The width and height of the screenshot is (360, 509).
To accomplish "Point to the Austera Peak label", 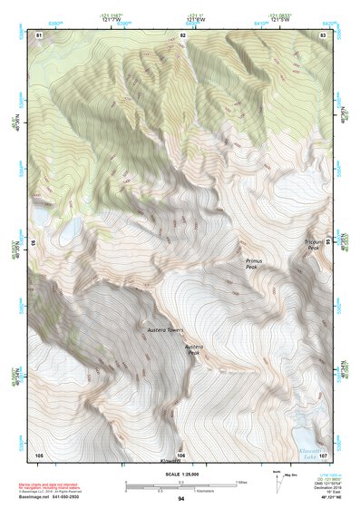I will pos(193,349).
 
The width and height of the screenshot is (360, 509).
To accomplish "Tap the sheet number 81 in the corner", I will pos(39,34).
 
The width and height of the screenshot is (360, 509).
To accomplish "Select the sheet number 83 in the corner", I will pos(323,34).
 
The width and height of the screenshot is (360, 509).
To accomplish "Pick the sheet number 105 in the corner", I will pos(39,454).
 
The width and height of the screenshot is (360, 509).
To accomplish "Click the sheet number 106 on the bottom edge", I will pos(181,454).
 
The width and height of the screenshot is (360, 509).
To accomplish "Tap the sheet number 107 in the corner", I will pos(322,454).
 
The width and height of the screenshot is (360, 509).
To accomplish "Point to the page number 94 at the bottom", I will pos(181,499).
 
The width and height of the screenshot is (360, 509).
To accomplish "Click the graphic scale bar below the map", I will pos(181,485).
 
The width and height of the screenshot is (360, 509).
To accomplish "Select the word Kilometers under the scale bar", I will pos(208,491).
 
